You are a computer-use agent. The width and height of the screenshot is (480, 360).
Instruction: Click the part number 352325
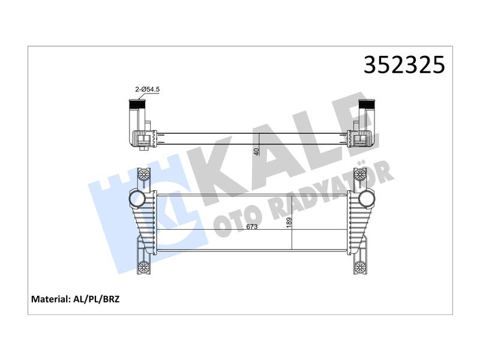pos(404,65)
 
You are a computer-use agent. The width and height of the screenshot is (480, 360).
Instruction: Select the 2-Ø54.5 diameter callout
pos(148,89)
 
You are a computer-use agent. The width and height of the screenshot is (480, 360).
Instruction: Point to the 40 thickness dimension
pos(257,151)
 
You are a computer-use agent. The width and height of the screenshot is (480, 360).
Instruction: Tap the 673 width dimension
pos(252,227)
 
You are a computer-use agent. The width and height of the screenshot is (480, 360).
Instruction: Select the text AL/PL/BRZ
pos(96,299)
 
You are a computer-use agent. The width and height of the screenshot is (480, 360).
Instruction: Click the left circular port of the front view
pos(137,199)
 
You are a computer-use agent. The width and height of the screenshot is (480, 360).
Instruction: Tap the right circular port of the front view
pos(366,198)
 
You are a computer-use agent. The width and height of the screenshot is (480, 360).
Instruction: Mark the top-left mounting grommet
pos(143,175)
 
